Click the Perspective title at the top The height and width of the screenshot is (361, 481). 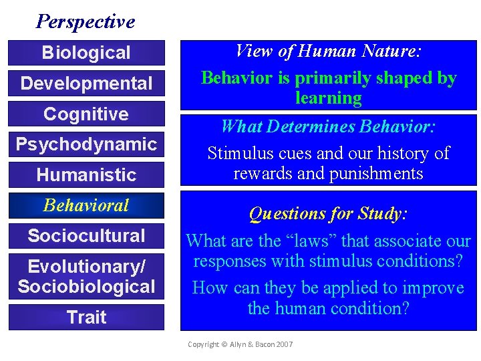(x=86, y=21)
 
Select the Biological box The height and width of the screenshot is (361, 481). (x=86, y=53)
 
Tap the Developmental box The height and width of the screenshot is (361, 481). (x=86, y=84)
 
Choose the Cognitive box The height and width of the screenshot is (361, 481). (x=86, y=114)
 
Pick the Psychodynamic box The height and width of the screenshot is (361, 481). (x=86, y=144)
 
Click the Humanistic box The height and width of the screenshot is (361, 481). (x=86, y=175)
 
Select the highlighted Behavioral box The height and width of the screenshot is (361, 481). (x=86, y=205)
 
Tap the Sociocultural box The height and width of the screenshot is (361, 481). (x=86, y=236)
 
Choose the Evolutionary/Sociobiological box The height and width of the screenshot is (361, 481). (x=86, y=277)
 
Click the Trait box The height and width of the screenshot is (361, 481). (x=86, y=317)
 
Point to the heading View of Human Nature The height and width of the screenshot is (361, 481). (x=328, y=51)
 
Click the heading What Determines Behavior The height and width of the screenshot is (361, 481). (x=328, y=126)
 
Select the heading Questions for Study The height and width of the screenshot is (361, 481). (x=328, y=214)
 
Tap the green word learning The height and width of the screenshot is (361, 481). (x=328, y=98)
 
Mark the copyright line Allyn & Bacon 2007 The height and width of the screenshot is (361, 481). (x=240, y=344)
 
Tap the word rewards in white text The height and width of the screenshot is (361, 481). (x=261, y=174)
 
